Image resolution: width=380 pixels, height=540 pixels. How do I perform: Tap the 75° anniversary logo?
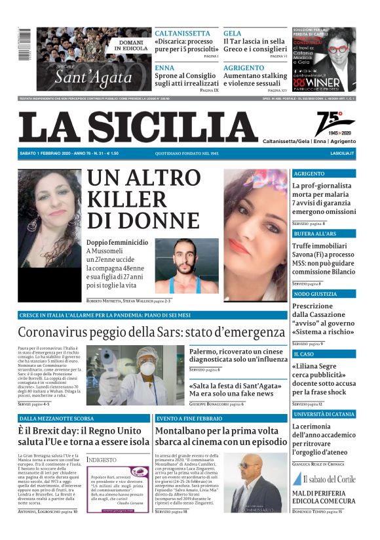[334, 123]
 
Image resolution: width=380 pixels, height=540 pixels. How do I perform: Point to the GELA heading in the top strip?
[232, 33]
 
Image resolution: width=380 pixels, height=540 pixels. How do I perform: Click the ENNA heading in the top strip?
[164, 68]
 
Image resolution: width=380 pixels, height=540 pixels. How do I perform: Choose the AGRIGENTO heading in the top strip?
[244, 68]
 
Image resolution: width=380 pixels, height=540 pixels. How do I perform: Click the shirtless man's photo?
[187, 266]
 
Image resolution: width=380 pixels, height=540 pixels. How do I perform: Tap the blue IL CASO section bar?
[324, 354]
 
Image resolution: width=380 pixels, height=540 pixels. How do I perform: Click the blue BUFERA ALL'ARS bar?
[324, 234]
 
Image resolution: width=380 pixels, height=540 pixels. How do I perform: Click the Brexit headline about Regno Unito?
[84, 436]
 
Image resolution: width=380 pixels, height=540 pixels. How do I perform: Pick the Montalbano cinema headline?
[220, 436]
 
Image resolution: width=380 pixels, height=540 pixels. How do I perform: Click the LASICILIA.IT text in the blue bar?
[342, 154]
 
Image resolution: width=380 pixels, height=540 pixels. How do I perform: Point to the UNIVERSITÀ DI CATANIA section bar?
[324, 414]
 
